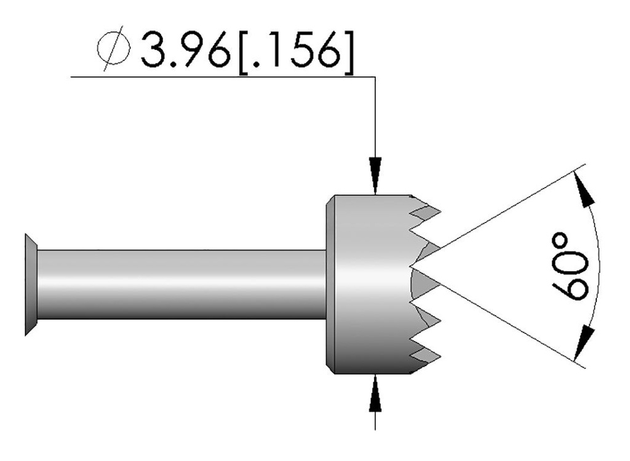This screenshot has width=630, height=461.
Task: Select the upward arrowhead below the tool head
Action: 375,392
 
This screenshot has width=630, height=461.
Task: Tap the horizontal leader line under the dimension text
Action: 221,77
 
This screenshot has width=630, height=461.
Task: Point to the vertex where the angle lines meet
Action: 411,266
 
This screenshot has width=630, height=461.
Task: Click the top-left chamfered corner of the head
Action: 330,199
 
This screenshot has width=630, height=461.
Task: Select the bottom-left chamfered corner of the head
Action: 330,370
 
